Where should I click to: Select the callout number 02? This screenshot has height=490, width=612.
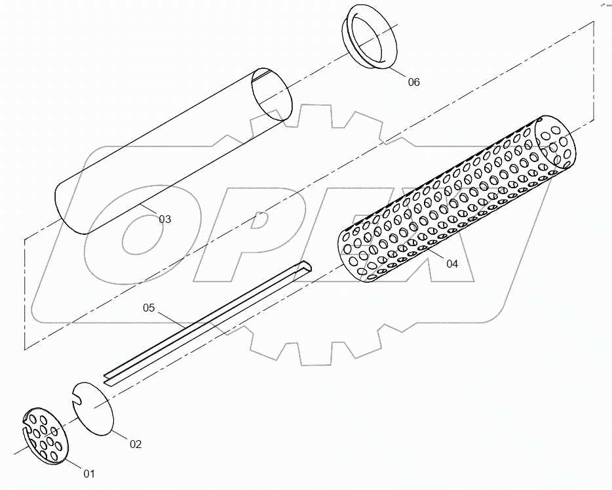(x=135, y=444)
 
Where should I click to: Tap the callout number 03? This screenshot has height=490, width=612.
(x=164, y=219)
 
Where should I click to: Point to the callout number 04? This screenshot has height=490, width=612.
(x=452, y=264)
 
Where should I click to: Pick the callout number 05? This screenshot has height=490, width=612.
(x=149, y=307)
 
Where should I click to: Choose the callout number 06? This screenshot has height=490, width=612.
(x=413, y=82)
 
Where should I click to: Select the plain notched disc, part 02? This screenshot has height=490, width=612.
(x=96, y=407)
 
